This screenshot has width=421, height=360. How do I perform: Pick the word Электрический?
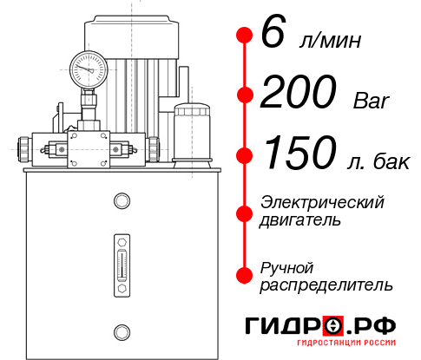coord(322,201)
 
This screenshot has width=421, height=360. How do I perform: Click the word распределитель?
coord(326,284)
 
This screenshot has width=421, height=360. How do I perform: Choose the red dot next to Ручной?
coord(244,275)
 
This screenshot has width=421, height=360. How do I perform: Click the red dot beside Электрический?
coord(244,211)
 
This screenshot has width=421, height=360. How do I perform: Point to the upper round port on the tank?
coord(121,202)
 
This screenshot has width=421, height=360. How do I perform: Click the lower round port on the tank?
coord(121,331)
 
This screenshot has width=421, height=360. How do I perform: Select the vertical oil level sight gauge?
coord(121,259)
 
